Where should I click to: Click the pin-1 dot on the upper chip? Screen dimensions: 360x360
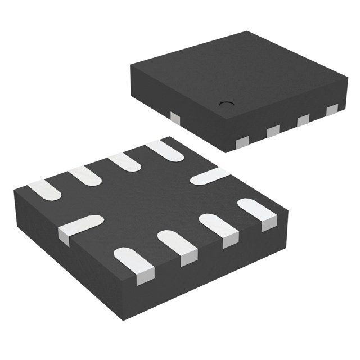[226, 103]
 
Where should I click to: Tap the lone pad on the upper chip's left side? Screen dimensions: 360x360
[175, 118]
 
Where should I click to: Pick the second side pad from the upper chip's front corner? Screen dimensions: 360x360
[273, 130]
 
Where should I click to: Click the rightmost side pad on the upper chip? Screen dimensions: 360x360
[332, 109]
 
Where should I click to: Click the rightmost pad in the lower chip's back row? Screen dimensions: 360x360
[161, 149]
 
